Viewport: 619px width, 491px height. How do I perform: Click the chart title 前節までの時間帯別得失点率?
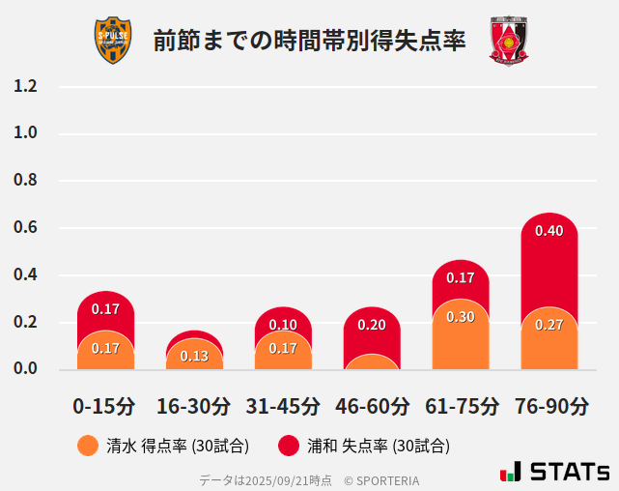pos(309,41)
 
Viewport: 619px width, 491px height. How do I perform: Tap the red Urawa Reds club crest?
pos(509,41)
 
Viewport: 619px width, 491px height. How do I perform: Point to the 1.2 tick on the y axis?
pos(25,86)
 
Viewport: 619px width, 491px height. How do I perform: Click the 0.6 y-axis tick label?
pos(25,228)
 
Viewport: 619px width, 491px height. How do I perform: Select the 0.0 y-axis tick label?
pos(25,368)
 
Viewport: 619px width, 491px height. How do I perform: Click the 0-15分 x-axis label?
pos(105,405)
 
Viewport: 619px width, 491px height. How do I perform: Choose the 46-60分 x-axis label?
pos(372,405)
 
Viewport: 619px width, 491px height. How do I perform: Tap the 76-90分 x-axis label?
pos(549,405)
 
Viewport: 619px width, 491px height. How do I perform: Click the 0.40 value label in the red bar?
pos(549,231)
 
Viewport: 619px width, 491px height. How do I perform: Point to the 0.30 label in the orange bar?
pos(461,317)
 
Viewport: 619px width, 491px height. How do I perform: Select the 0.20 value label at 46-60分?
pos(372,325)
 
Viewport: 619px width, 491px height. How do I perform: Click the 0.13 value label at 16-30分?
pos(194,356)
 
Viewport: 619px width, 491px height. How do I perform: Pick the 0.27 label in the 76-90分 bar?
pos(549,325)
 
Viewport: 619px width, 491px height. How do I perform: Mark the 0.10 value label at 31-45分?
pos(283,325)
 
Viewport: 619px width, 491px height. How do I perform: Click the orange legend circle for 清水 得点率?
pos(88,446)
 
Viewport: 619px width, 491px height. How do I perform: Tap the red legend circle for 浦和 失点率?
pos(288,446)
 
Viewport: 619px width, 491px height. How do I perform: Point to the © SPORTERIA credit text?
pos(381,479)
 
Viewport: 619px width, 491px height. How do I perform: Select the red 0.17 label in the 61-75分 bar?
pos(461,277)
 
